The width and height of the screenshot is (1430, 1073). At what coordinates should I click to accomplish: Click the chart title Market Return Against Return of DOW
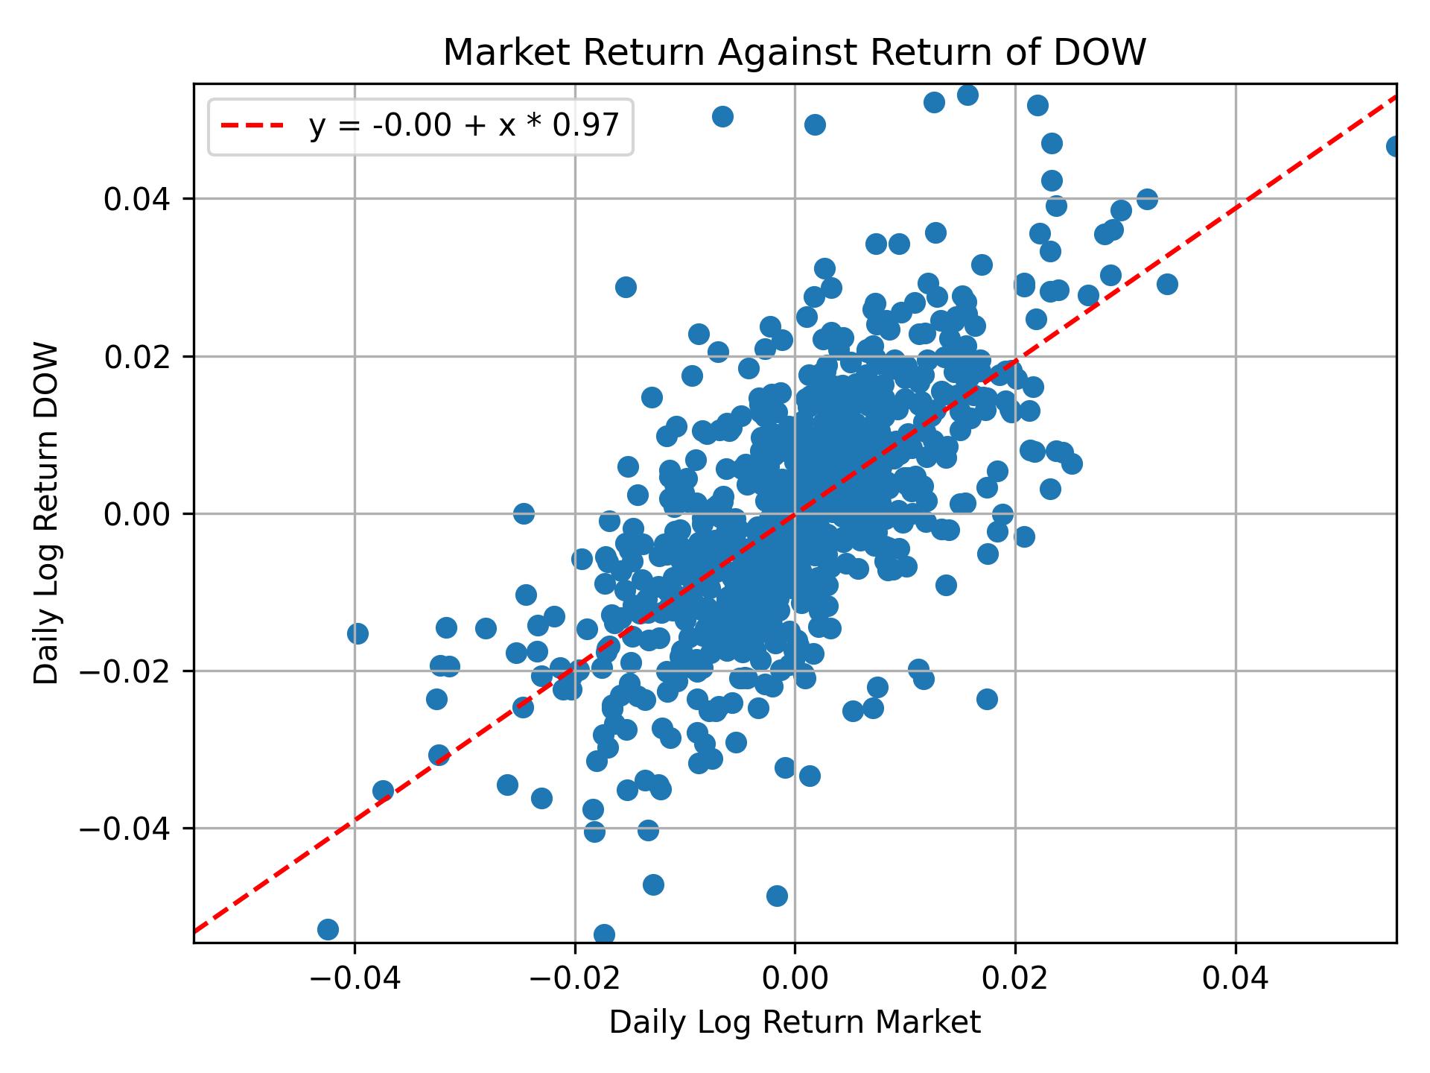coord(794,52)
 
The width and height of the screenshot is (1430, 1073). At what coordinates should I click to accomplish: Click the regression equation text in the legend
coord(464,127)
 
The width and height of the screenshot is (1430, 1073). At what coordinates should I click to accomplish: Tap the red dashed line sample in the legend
coord(252,127)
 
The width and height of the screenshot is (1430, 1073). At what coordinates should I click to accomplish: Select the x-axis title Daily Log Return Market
coord(794,1023)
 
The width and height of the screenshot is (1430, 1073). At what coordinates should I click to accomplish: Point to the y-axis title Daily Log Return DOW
coord(47,513)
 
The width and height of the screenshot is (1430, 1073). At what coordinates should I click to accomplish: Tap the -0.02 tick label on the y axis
coord(134,671)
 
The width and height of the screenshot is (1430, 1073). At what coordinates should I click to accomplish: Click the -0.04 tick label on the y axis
coord(134,829)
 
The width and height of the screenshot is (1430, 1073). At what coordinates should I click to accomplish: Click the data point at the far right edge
coord(1395,147)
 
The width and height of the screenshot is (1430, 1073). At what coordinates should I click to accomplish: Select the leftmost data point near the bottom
coord(328,929)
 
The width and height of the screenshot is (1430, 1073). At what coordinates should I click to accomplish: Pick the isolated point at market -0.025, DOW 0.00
coord(524,513)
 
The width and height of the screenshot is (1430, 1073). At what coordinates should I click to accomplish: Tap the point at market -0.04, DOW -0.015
coord(357,633)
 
